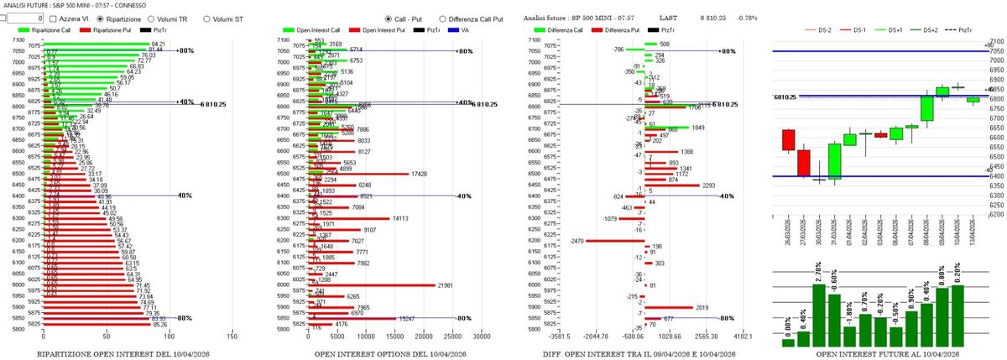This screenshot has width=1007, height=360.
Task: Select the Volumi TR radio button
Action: coord(152,18)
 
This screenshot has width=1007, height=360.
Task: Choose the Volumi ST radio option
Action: coord(206,18)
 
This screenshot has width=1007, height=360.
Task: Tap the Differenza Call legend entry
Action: coord(554,30)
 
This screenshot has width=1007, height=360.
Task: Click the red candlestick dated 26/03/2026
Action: coord(788,140)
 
